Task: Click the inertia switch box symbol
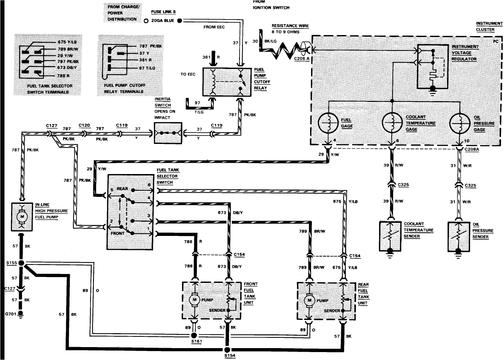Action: pos(168,133)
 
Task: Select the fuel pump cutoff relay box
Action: pos(227,82)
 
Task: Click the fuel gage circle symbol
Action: pos(328,123)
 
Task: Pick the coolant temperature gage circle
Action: pos(392,123)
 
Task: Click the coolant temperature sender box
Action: pos(390,236)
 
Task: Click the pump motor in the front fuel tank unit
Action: pos(194,300)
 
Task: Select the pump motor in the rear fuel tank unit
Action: pos(309,300)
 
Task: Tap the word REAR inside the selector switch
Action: pos(122,189)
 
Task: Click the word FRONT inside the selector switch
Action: pos(118,233)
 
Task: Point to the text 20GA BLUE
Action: pos(162,21)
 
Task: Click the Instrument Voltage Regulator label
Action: pos(465,53)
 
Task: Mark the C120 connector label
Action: pos(84,126)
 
